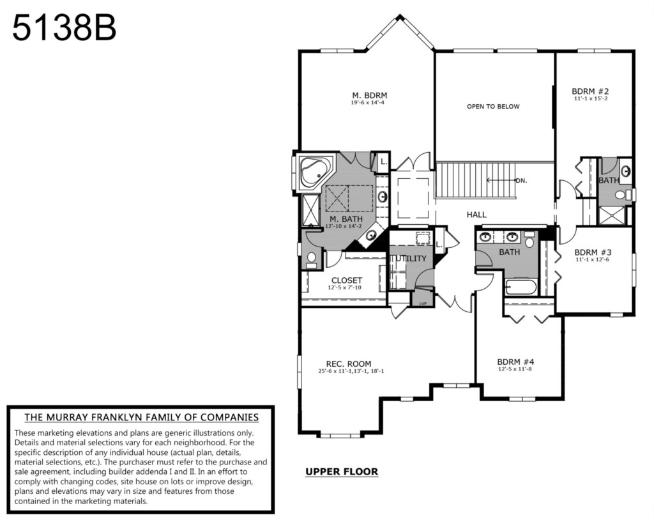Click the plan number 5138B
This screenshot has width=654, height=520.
[x=65, y=28]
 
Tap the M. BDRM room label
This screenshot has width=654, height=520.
[x=370, y=96]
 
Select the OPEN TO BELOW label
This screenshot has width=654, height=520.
[x=493, y=107]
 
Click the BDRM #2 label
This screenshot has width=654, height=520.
[x=590, y=91]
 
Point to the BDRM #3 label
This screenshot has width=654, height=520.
[x=593, y=252]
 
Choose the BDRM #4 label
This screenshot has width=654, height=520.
[x=515, y=362]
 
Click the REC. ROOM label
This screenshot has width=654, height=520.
[x=348, y=364]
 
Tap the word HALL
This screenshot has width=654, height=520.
[x=476, y=215]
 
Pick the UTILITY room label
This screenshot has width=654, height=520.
[x=410, y=258]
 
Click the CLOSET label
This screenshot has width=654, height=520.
[x=347, y=280]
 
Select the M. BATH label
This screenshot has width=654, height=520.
[x=346, y=219]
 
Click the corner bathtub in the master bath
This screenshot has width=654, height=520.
[x=315, y=172]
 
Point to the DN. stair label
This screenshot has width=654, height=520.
[x=521, y=181]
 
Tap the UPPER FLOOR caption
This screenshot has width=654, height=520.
[x=342, y=471]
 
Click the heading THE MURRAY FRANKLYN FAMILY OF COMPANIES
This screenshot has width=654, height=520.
[x=141, y=417]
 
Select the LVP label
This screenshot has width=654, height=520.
[x=423, y=303]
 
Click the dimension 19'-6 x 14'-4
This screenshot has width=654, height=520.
[x=367, y=102]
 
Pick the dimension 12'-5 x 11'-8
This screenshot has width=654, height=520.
[x=515, y=369]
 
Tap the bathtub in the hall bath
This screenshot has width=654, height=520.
[x=521, y=287]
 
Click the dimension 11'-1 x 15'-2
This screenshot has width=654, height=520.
[x=591, y=98]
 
